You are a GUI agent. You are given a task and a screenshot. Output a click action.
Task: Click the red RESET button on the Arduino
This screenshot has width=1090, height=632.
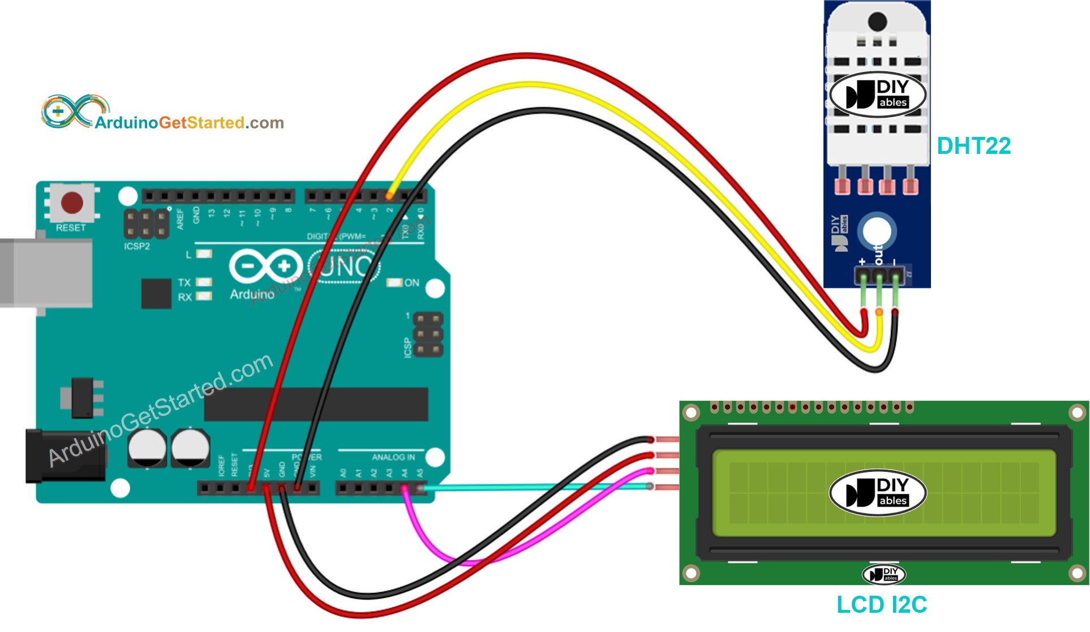[x=72, y=203]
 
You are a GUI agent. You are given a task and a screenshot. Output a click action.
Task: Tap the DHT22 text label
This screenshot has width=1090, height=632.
[x=973, y=146]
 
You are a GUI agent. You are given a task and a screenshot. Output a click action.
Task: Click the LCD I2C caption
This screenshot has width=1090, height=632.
[x=881, y=605]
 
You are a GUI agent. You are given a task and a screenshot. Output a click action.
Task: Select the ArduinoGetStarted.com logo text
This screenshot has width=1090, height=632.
[x=189, y=123]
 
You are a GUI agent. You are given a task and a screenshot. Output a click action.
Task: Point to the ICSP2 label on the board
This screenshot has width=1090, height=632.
[x=137, y=246]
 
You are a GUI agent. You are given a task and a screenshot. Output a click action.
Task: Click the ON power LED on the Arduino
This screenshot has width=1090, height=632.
[x=394, y=282]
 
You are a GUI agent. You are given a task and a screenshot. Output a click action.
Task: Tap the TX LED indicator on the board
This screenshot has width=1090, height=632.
[x=204, y=282]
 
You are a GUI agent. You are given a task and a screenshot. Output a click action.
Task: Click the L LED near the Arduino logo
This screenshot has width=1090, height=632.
[x=204, y=254]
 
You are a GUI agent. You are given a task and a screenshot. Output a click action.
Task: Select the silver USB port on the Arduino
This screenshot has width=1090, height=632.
[x=45, y=273]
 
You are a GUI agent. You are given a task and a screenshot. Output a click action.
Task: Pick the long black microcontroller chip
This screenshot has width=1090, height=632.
[x=316, y=405]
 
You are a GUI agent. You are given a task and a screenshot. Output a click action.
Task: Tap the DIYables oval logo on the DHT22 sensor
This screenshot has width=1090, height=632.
[x=877, y=94]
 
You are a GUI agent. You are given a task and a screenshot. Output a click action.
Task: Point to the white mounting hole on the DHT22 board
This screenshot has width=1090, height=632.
[x=877, y=231]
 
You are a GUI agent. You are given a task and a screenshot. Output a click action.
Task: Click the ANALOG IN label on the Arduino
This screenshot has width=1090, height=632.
[x=393, y=457]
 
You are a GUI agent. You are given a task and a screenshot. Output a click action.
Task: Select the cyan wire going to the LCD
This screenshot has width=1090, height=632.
[x=532, y=487]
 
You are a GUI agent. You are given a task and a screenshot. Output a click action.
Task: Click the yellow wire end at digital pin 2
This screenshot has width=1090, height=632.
[x=389, y=195]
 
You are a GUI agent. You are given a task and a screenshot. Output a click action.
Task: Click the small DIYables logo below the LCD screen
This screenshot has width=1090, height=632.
[x=883, y=574]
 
